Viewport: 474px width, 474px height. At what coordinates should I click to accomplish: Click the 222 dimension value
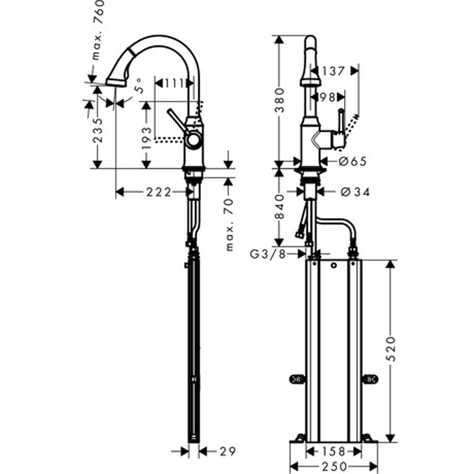coord(159,192)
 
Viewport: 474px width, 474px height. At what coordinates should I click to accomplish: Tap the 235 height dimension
coord(98,130)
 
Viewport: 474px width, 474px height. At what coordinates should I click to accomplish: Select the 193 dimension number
coord(147,138)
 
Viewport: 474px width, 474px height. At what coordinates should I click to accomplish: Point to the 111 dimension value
coord(174,83)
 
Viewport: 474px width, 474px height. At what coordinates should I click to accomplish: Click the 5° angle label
coord(137,85)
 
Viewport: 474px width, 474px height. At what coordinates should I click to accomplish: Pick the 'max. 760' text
coord(98,30)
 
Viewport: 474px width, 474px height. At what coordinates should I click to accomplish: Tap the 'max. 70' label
coord(230,225)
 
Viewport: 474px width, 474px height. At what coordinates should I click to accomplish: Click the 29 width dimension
coord(228,452)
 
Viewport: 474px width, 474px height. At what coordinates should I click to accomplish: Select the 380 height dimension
coord(280,100)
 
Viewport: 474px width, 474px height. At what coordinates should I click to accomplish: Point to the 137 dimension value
coord(333,71)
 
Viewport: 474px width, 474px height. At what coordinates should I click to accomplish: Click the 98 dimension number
coord(327,98)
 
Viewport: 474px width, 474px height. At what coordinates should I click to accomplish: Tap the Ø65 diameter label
coord(353,161)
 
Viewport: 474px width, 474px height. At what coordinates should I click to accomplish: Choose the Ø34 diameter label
coord(355,192)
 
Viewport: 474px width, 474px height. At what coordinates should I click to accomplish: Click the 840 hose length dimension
coord(280,207)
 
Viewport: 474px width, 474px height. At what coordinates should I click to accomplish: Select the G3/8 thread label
coord(268,254)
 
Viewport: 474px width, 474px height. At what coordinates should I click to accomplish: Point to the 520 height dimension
coord(391,349)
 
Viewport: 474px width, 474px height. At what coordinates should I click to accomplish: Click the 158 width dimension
coord(333,452)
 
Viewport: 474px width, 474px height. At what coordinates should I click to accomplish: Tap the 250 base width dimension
coord(334,467)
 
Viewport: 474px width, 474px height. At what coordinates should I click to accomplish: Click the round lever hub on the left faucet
coord(193,140)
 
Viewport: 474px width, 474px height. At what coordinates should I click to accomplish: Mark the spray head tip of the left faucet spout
coord(116,83)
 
